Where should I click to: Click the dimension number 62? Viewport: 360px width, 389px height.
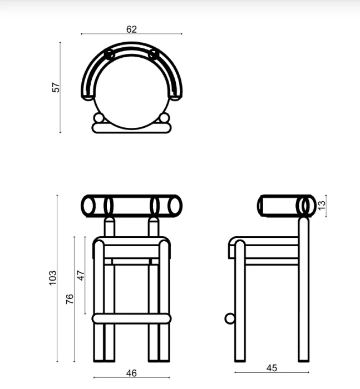tap(131, 29)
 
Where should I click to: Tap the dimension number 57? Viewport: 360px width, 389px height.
tap(56, 87)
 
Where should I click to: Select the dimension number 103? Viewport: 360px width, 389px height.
tap(53, 277)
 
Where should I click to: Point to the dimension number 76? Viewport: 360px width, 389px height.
tap(70, 299)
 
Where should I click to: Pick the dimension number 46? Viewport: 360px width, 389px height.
tap(131, 373)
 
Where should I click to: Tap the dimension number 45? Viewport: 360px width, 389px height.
tap(272, 368)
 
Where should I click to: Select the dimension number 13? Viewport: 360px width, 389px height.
tap(320, 205)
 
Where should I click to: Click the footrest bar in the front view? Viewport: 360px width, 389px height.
tap(131, 318)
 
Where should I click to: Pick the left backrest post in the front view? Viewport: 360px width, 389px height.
tap(110, 228)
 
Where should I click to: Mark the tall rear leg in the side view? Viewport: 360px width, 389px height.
tap(303, 289)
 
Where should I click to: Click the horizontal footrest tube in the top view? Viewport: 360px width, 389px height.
tap(131, 128)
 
